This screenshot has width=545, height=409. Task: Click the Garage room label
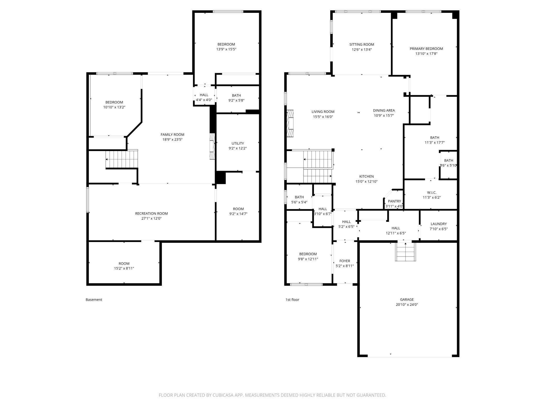[407, 299]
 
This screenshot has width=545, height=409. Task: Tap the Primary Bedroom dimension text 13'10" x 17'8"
[426, 53]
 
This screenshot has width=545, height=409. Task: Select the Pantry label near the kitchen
[394, 201]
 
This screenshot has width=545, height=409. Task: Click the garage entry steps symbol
[405, 252]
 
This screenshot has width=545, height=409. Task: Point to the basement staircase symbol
[122, 159]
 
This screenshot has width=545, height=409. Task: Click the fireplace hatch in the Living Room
[290, 123]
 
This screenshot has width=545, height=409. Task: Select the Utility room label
[238, 143]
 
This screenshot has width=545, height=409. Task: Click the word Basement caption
[94, 300]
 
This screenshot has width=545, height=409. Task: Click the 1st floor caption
[292, 300]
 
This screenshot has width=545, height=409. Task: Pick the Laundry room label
[439, 224]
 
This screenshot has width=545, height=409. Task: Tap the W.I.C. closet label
[432, 192]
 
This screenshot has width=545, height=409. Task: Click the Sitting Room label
[362, 45]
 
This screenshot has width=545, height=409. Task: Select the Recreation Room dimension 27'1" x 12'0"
[151, 218]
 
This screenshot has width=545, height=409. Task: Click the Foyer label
[345, 261]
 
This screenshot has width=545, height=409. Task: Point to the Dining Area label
[384, 110]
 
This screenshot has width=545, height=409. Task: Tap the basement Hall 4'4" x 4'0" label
[204, 95]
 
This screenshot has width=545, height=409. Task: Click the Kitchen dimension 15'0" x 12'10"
[366, 181]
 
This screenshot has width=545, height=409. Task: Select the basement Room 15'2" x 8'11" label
[124, 263]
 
